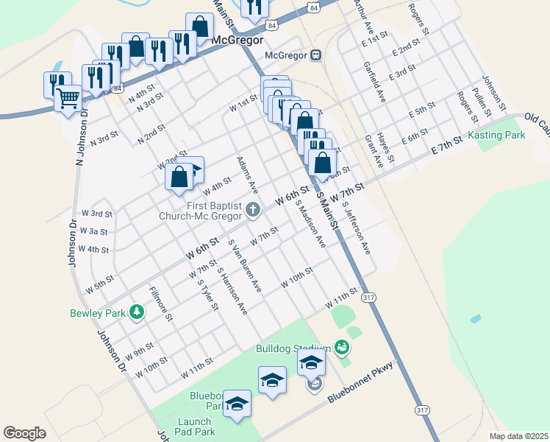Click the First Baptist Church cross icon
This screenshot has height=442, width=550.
[x=253, y=210]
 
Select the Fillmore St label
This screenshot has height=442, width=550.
[x=160, y=304]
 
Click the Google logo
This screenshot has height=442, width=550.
[x=24, y=433]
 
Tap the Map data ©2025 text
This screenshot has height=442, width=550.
[x=518, y=436]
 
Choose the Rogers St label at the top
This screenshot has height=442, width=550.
[x=418, y=19]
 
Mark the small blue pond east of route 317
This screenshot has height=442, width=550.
[x=476, y=320]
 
